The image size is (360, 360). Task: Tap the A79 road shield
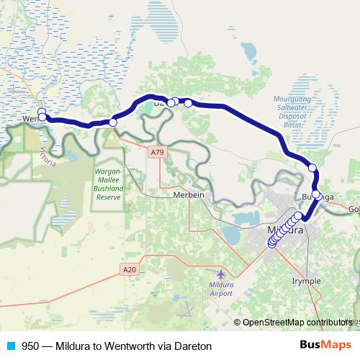157,152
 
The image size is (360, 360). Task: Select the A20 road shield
129,269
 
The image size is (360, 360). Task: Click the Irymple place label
307,280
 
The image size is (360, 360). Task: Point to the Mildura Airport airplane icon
220,274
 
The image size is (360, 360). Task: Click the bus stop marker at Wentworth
42,113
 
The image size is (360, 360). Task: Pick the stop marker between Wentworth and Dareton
112,122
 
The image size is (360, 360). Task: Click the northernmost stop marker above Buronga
312,168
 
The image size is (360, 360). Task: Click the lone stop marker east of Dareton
189,103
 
